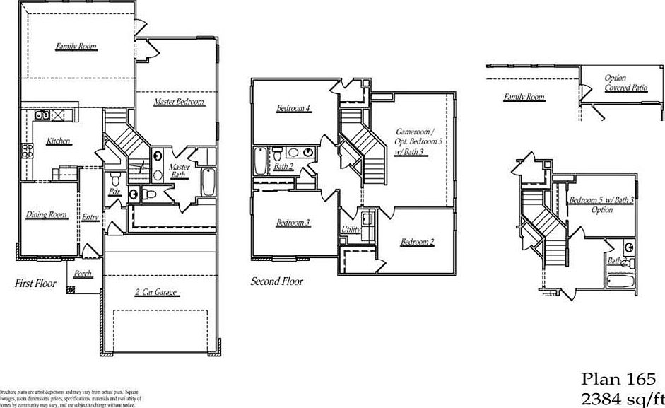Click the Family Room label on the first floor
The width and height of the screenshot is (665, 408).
click(x=76, y=47)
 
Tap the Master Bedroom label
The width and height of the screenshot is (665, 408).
click(x=179, y=102)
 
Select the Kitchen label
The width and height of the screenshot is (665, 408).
click(x=59, y=141)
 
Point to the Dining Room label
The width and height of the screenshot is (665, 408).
click(x=47, y=215)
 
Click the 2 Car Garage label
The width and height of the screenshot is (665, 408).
click(x=155, y=292)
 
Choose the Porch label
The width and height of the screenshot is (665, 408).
click(x=83, y=274)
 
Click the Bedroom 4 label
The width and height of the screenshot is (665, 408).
click(x=293, y=108)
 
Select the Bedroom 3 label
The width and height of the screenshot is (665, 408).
click(x=293, y=223)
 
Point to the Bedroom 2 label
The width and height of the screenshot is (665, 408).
click(x=417, y=243)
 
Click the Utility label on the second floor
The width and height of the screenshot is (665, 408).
click(x=351, y=229)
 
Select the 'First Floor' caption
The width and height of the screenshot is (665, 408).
click(x=35, y=284)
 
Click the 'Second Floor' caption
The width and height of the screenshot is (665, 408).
click(x=277, y=281)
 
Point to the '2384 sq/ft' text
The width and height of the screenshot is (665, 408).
click(x=621, y=397)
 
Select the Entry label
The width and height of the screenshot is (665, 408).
click(x=90, y=217)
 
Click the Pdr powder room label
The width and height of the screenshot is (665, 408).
click(x=113, y=192)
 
